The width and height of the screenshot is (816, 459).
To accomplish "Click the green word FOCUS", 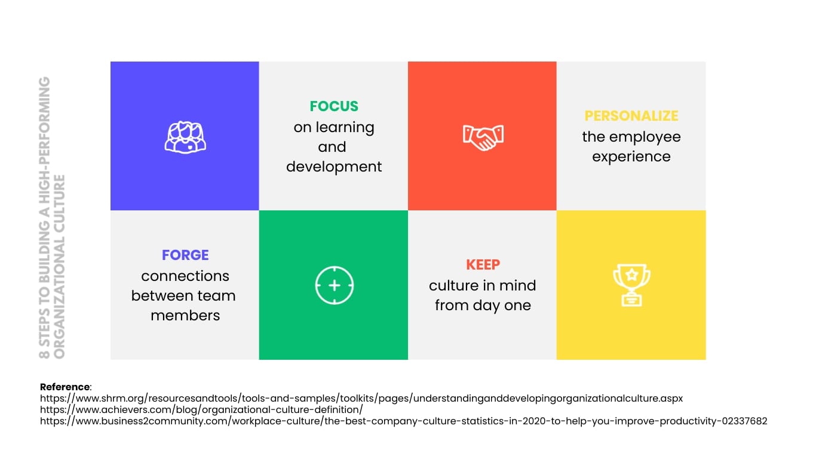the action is pyautogui.click(x=334, y=106).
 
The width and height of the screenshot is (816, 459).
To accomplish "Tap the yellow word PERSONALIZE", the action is pyautogui.click(x=631, y=116).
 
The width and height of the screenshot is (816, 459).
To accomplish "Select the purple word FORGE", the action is pyautogui.click(x=185, y=255).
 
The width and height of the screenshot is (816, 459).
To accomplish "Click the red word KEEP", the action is pyautogui.click(x=483, y=264).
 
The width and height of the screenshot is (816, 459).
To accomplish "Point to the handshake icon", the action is pyautogui.click(x=483, y=137).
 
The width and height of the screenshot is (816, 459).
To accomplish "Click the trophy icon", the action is pyautogui.click(x=631, y=285).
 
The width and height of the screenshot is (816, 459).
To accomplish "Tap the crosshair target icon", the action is pyautogui.click(x=334, y=285).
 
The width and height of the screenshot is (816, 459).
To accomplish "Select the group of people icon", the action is pyautogui.click(x=185, y=137).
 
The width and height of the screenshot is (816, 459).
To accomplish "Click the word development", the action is pyautogui.click(x=334, y=167).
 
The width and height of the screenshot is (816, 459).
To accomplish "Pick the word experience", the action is pyautogui.click(x=631, y=157).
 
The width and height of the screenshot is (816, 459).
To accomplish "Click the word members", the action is pyautogui.click(x=185, y=316).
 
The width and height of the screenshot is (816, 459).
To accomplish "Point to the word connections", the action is pyautogui.click(x=185, y=276).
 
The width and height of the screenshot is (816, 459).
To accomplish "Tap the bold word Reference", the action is pyautogui.click(x=65, y=387).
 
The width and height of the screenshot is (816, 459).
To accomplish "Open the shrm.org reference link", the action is pyautogui.click(x=361, y=398).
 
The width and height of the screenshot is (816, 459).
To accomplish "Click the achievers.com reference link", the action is pyautogui.click(x=201, y=409).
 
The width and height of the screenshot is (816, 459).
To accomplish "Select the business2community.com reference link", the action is pyautogui.click(x=404, y=421).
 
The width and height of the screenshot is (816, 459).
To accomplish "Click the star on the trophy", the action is pyautogui.click(x=631, y=274).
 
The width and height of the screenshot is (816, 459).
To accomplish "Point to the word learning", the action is pyautogui.click(x=345, y=128).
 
